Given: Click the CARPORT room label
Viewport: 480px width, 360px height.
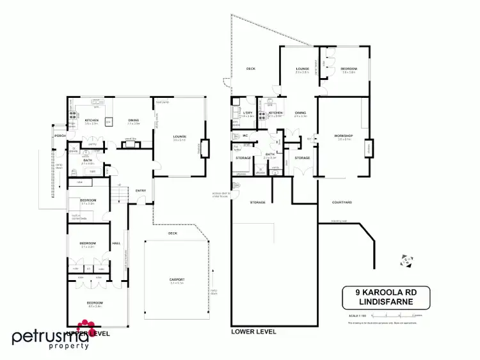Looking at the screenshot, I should pos(177,279).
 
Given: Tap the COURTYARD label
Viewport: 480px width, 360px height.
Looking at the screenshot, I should pos(342,202).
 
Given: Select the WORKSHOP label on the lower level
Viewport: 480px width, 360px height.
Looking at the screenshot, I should pos(344,136).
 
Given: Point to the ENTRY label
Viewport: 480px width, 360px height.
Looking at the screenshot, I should pos(140,190).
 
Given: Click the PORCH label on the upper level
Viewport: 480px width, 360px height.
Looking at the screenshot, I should pos(60,136).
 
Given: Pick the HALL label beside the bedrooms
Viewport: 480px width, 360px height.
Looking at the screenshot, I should pos(116,244).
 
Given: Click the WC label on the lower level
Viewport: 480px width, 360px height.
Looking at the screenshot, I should pos(245,136).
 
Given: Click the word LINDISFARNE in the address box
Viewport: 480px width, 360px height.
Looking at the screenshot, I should pos(385,303).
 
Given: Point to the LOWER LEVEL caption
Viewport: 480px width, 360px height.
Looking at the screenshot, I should pos(254,331).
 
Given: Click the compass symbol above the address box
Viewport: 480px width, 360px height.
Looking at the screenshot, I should pos(406,261).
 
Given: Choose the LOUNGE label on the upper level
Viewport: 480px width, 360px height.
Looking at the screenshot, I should pos(179,137).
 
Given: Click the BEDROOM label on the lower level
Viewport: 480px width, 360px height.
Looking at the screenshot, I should pos(349,68).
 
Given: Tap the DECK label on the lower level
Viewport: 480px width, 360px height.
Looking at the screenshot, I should pos(251,68).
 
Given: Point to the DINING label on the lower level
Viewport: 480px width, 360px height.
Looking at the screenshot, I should pos(300,113).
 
